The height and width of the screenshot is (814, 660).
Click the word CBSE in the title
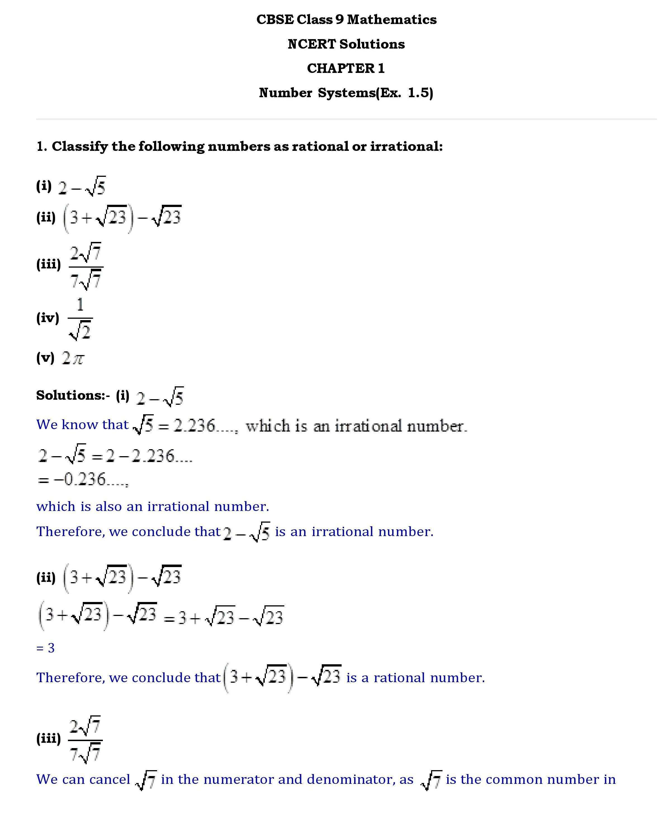click(x=275, y=19)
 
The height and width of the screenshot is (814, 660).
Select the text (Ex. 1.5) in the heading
click(x=404, y=93)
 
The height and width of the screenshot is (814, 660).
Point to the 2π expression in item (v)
click(x=73, y=358)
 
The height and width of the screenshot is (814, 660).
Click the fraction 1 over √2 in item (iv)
click(x=80, y=318)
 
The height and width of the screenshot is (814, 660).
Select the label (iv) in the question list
click(x=48, y=318)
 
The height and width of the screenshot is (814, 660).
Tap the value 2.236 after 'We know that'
click(x=194, y=425)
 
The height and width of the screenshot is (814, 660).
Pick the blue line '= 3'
click(x=45, y=648)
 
